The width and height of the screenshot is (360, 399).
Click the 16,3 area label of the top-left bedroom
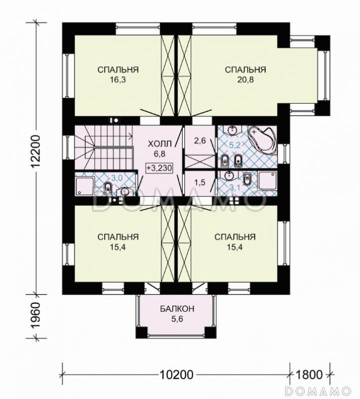click(118, 80)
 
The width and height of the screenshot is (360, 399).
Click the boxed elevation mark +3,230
click(159, 168)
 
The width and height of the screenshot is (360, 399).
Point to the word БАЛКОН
click(177, 309)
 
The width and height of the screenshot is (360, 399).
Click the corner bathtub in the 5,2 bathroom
click(263, 140)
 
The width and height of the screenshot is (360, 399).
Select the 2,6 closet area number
click(200, 141)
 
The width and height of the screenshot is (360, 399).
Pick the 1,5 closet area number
click(200, 183)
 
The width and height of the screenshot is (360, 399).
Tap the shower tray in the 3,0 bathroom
click(84, 187)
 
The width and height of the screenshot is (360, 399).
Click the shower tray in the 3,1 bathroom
click(268, 181)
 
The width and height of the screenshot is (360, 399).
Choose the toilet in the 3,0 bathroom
click(108, 188)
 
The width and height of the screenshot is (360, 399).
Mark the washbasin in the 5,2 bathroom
click(232, 130)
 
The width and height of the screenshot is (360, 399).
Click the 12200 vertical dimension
click(36, 151)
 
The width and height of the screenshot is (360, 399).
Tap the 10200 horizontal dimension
click(176, 375)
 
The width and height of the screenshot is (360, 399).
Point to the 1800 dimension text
click(309, 375)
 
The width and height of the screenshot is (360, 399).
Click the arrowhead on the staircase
click(131, 136)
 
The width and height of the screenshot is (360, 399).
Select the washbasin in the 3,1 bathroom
click(228, 175)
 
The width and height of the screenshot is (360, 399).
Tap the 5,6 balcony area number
click(177, 319)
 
